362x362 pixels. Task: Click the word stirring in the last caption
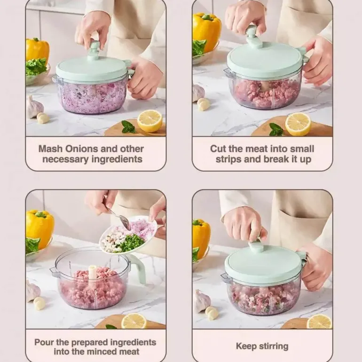(274, 346)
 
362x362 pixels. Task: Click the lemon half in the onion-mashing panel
(150, 121)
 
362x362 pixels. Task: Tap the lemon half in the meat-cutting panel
(298, 125)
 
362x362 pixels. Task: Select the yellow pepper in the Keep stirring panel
(201, 236)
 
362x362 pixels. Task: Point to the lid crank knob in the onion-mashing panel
(94, 50)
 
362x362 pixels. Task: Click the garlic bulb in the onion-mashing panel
(34, 107)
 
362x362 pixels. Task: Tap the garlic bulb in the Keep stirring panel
(202, 301)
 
